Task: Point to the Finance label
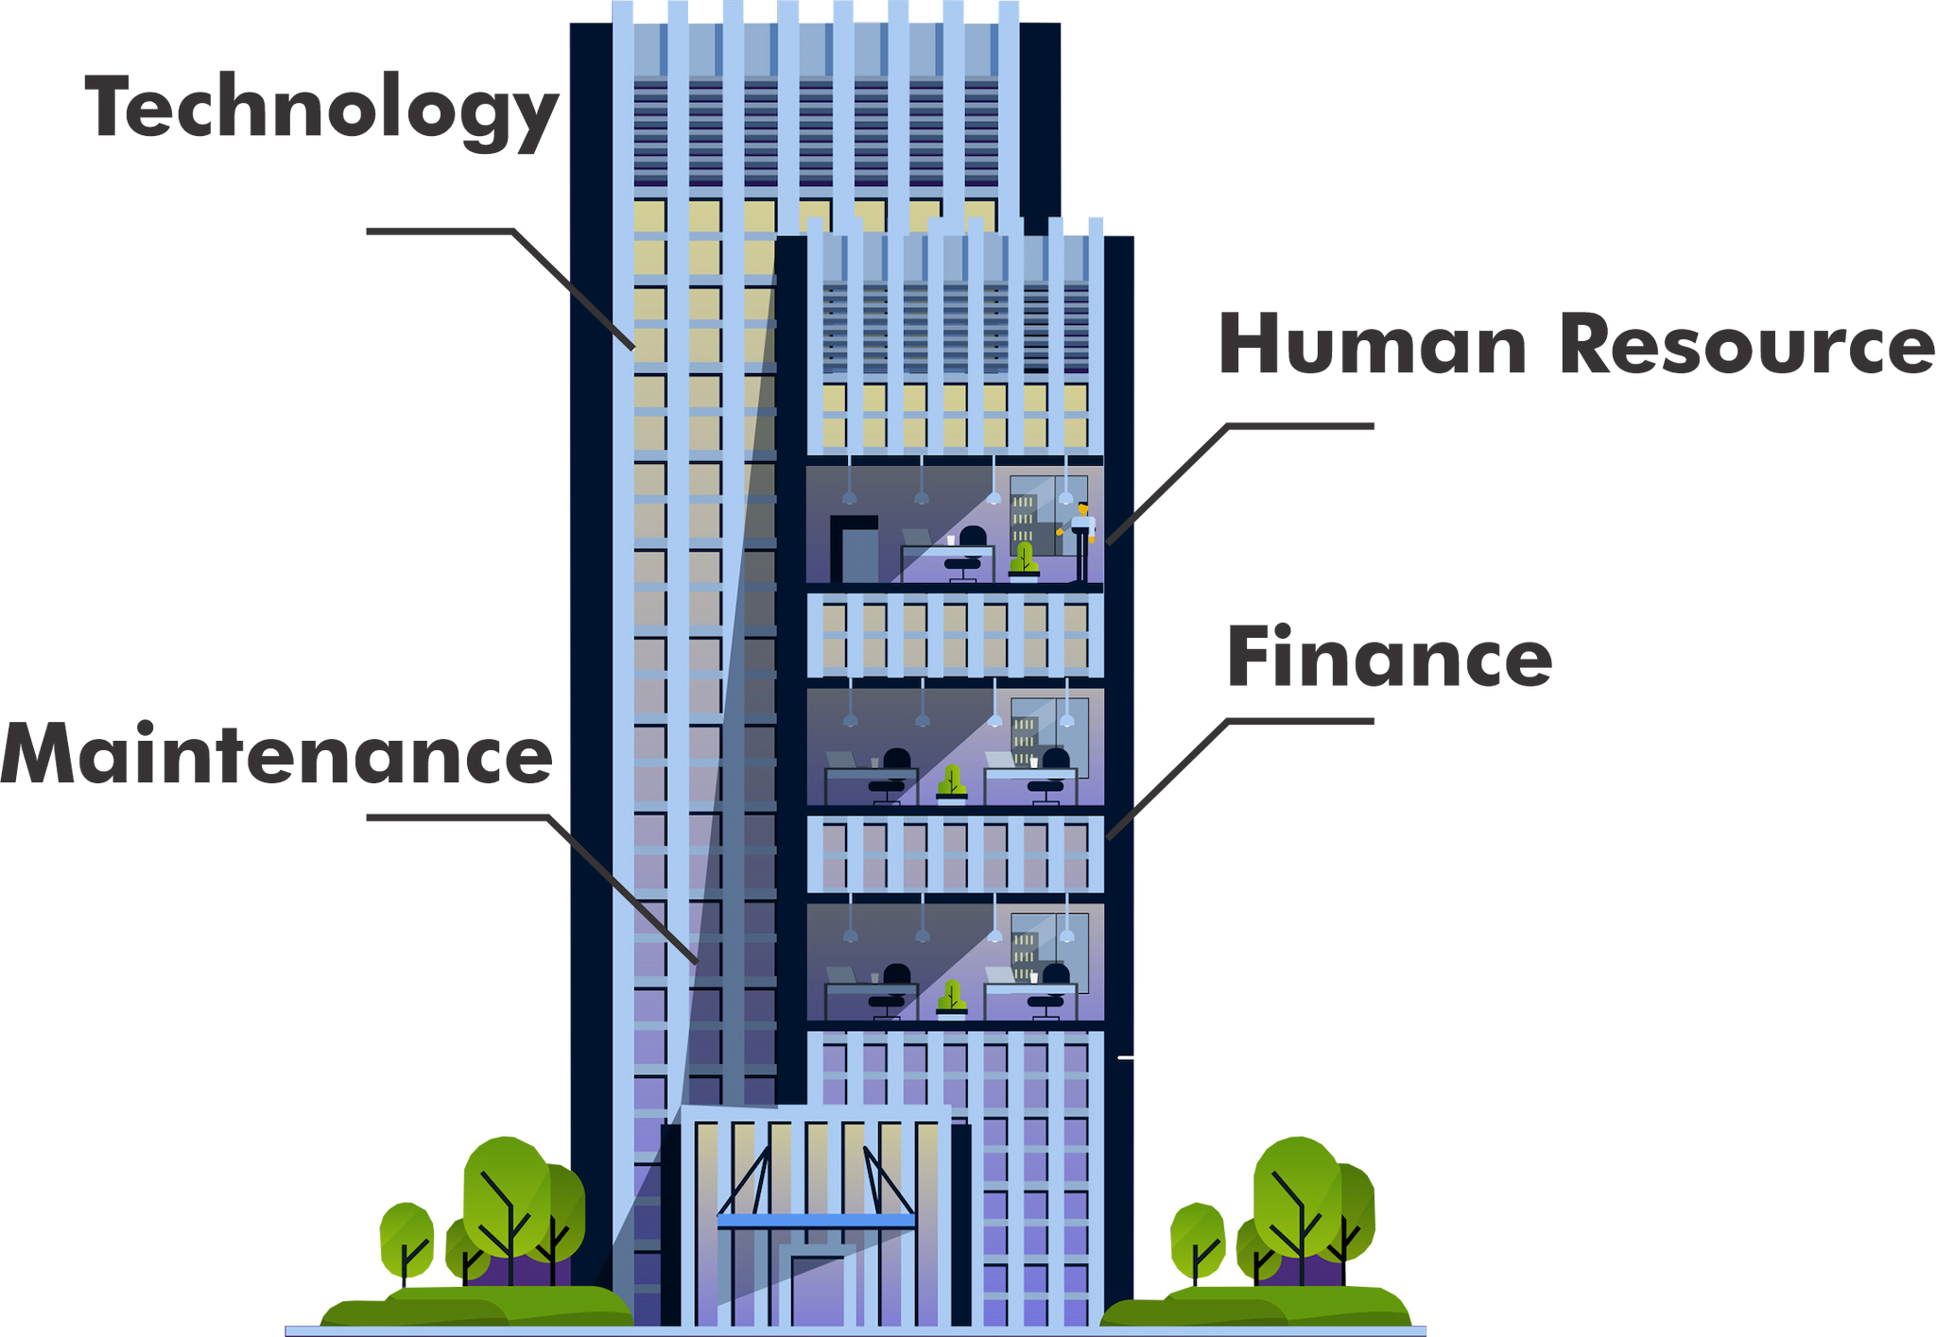(1390, 657)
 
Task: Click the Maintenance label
(276, 755)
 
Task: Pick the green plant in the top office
(1023, 559)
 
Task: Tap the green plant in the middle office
(952, 783)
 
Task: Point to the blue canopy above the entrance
(816, 1221)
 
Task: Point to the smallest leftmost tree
(406, 1238)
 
